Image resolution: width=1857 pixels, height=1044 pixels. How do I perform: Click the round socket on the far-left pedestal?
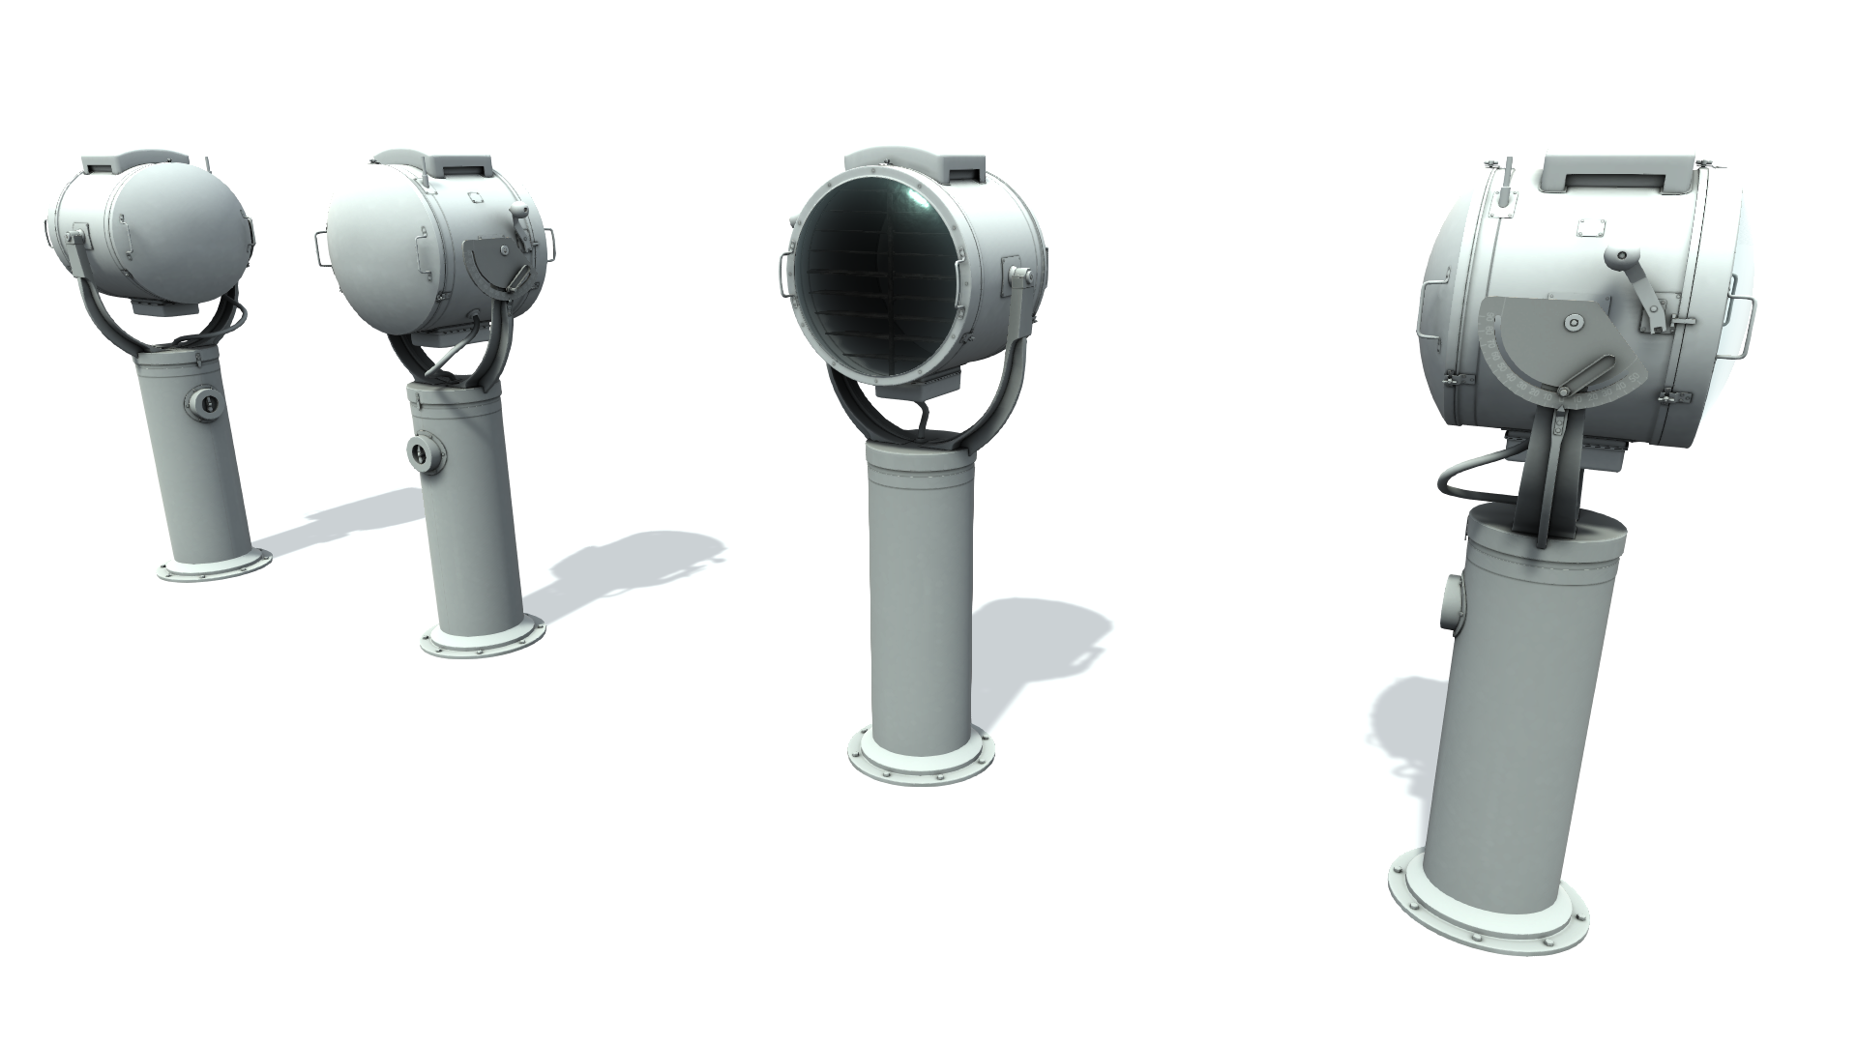click(204, 402)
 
